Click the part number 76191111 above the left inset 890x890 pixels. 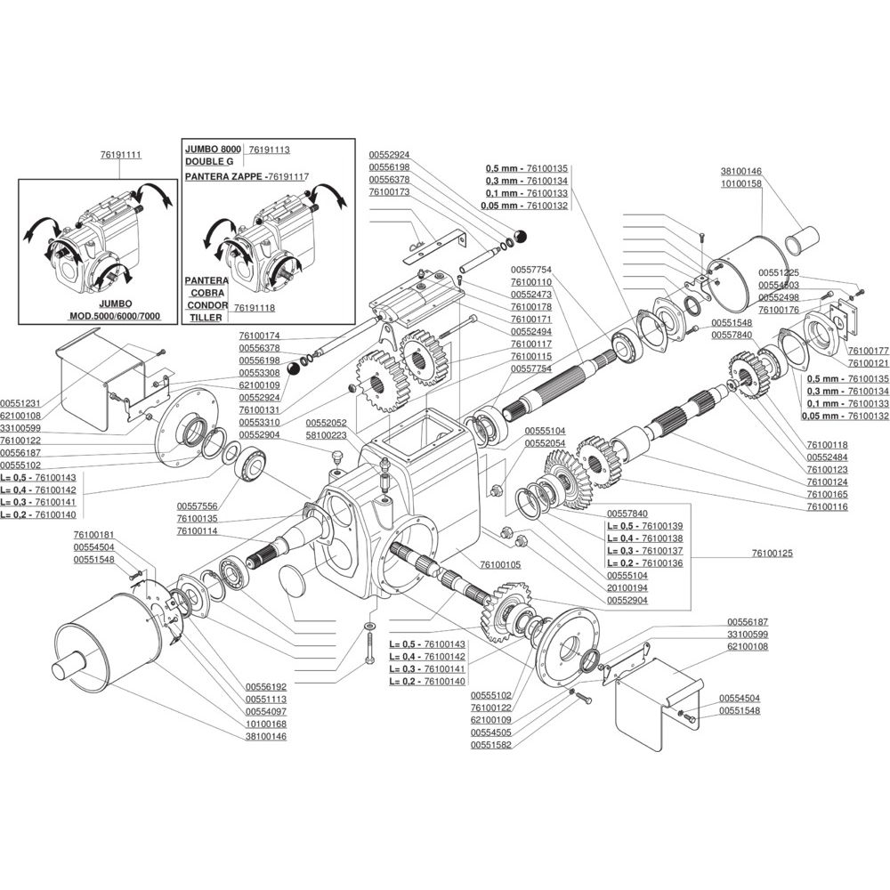(x=121, y=155)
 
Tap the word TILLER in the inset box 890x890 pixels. (x=206, y=318)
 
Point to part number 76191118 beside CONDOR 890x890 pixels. (x=255, y=308)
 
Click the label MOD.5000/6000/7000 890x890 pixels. (x=115, y=316)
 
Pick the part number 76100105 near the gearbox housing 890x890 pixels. (x=500, y=565)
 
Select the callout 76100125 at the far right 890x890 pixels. (x=772, y=553)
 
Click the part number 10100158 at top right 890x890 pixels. (x=741, y=184)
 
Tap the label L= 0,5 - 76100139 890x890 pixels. (x=644, y=526)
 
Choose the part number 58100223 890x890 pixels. (x=327, y=435)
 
